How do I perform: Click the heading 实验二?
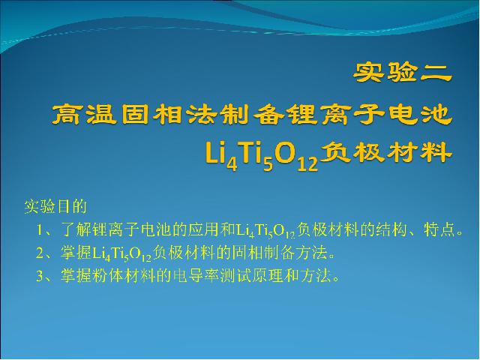pos(403,73)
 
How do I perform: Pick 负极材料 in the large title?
pos(386,152)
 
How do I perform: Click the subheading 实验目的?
pos(55,207)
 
